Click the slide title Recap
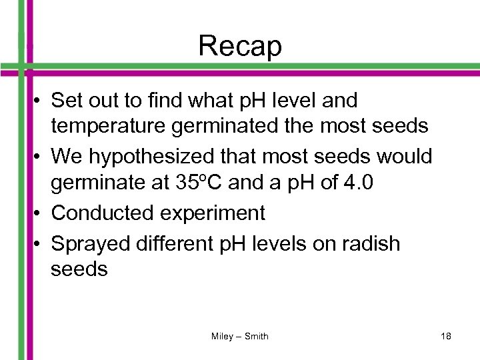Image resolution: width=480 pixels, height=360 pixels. (240, 47)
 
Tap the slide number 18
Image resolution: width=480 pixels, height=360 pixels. (446, 336)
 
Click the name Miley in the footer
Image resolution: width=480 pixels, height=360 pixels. (222, 336)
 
